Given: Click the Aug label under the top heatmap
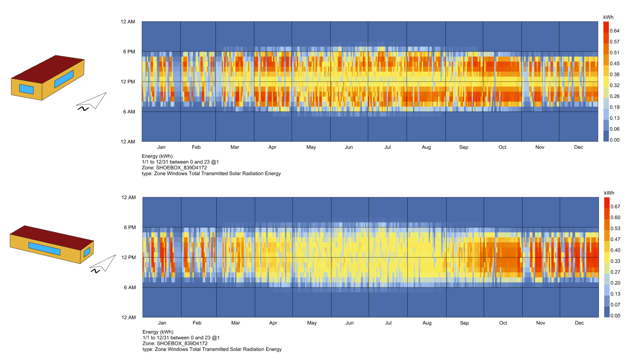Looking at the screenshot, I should pos(426,147).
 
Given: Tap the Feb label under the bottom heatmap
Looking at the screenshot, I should pos(197,323).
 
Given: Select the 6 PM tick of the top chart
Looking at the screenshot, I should pos(129,52).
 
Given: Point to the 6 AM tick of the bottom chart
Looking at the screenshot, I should pos(130,288).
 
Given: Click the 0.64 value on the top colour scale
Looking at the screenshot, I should pos(614,31).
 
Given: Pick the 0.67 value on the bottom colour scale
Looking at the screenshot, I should pos(615,207).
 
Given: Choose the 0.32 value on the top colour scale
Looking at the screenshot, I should pos(614,86).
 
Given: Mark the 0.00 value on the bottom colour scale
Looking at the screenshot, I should pos(615,316).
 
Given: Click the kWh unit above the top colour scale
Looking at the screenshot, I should pos(608,17).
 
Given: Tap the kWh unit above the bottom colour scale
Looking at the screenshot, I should pos(609,193).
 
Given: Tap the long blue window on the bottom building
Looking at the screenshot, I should pos(44,249).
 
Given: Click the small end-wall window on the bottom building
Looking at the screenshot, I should pos(87,252).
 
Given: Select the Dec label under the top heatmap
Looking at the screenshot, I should pos(578,147).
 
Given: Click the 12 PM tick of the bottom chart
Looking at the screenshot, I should pos(128,257).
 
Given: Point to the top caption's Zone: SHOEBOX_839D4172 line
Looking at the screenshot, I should pos(174,168).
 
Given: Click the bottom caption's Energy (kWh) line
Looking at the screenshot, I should pos(158,332).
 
